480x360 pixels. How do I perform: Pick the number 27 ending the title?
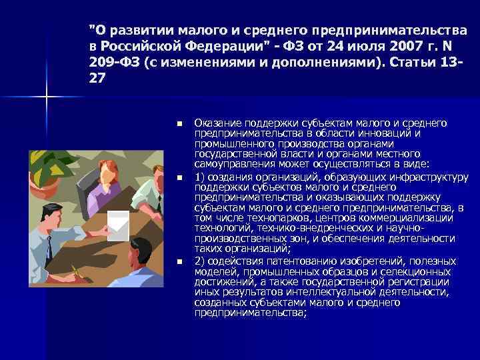tap(96, 79)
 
